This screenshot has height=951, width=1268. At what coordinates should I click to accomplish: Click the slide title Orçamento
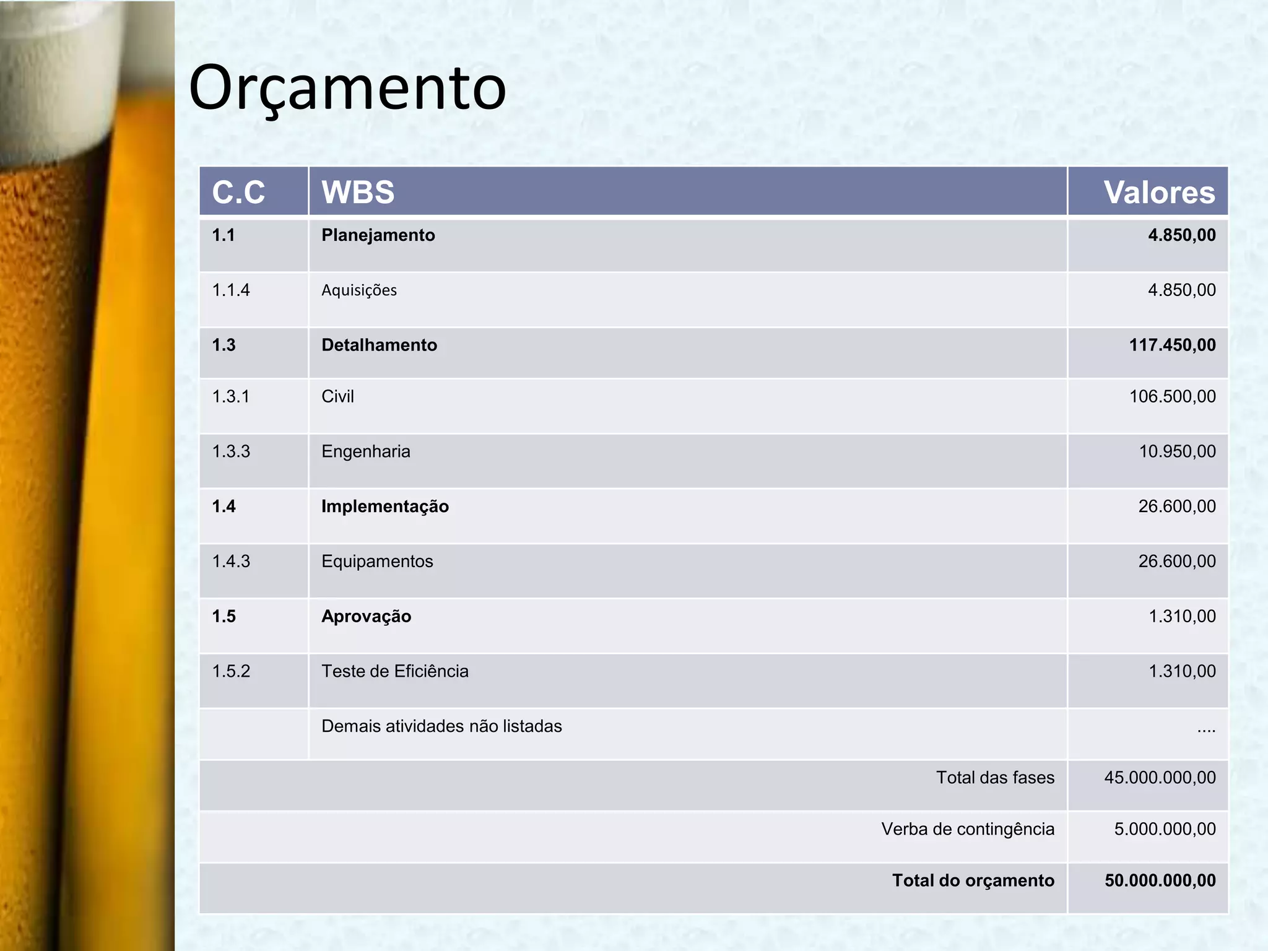click(x=347, y=89)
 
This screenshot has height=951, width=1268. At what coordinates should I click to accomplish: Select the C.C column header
click(x=238, y=192)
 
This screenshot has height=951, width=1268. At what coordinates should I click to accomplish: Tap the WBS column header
click(x=358, y=192)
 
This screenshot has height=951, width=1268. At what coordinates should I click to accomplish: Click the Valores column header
click(x=1159, y=192)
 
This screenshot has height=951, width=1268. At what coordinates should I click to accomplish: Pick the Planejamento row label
click(x=378, y=235)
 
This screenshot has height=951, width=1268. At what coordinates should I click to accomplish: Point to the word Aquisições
click(x=359, y=290)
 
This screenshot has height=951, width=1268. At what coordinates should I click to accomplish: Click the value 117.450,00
click(x=1172, y=345)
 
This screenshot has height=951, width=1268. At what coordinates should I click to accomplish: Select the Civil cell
click(x=337, y=396)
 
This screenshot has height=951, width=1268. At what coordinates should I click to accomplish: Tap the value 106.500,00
click(x=1172, y=396)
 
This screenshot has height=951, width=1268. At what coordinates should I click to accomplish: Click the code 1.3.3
click(x=231, y=451)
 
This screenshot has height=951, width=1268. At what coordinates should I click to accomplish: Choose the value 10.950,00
click(x=1177, y=451)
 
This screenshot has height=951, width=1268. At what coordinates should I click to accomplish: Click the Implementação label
click(x=384, y=506)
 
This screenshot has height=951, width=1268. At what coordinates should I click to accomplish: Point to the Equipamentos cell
click(x=377, y=562)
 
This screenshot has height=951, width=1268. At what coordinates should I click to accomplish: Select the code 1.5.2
click(x=231, y=671)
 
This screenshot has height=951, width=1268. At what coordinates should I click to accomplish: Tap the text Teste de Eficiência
click(x=394, y=671)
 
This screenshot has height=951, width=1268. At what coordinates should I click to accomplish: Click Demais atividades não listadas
click(x=441, y=726)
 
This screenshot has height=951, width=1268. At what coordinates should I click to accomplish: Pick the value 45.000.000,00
click(x=1160, y=778)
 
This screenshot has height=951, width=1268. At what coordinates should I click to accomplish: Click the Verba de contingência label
click(x=967, y=829)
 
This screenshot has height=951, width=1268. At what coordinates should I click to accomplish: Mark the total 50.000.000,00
click(x=1160, y=880)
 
